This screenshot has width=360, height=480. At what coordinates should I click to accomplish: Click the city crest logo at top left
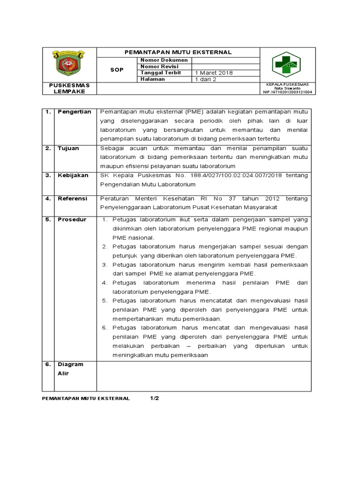(x=69, y=64)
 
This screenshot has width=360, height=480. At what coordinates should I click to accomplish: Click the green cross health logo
(x=286, y=64)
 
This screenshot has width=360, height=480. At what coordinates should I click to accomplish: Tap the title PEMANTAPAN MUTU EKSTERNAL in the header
(x=178, y=52)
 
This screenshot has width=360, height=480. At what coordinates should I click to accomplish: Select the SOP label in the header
(x=117, y=70)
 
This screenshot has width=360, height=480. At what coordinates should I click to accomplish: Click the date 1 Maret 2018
(x=214, y=73)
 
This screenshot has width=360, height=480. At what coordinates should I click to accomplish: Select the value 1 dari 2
(x=206, y=80)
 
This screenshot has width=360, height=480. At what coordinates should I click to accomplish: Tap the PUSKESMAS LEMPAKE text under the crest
(x=69, y=89)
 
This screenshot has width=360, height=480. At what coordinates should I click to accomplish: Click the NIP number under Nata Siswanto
(x=288, y=92)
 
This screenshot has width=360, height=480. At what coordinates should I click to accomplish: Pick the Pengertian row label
(x=74, y=112)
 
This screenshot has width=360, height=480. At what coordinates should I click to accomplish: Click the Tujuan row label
(x=68, y=148)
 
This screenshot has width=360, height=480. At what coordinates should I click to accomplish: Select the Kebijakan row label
(x=73, y=175)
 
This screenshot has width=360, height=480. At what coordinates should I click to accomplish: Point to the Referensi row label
(x=73, y=198)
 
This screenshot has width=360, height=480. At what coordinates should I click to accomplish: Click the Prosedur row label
(x=72, y=219)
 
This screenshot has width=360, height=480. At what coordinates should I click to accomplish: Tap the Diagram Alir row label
(x=70, y=369)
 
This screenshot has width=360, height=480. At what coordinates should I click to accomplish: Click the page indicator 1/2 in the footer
(x=155, y=398)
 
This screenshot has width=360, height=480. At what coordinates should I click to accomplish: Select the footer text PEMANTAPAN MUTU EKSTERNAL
(x=86, y=398)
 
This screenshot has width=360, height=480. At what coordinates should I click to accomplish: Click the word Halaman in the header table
(x=152, y=79)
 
